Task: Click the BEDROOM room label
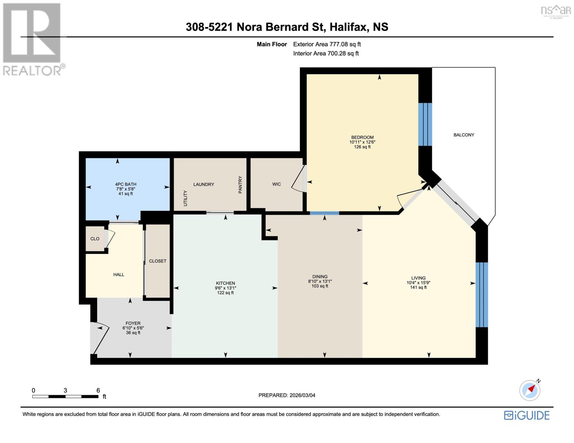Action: point(362,137)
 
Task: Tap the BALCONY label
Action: point(463,135)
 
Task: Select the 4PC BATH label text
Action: point(126,184)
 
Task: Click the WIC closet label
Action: point(276,184)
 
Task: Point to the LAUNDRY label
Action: point(204,184)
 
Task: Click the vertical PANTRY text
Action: point(240,185)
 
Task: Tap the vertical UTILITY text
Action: point(186,198)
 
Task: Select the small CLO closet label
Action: point(95,239)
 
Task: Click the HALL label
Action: point(119,275)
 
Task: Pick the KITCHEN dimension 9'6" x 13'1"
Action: point(225,288)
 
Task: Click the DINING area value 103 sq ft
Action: point(320,286)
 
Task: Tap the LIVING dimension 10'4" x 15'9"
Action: point(418,283)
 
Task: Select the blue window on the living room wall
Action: point(482,295)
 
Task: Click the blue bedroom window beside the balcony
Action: point(425,124)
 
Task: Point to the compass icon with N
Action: point(530,390)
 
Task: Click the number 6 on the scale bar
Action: point(98,390)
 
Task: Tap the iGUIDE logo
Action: point(527,415)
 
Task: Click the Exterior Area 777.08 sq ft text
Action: point(327,44)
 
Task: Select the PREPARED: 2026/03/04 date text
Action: point(287,395)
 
